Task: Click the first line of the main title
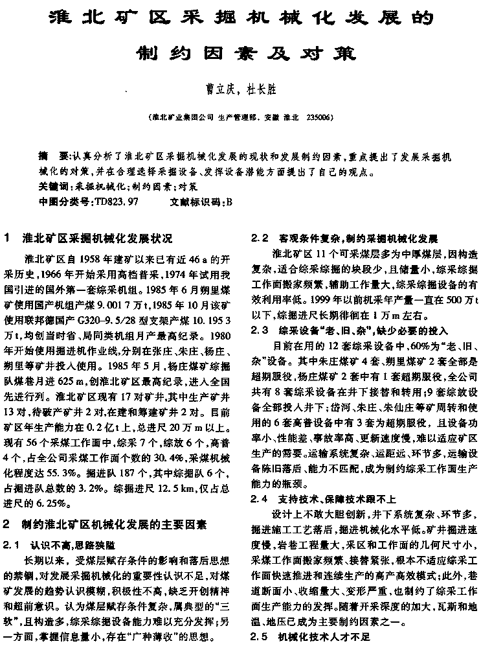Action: tap(240, 17)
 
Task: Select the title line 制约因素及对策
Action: tap(240, 52)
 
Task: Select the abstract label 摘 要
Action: tap(52, 157)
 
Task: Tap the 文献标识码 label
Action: tap(195, 202)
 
